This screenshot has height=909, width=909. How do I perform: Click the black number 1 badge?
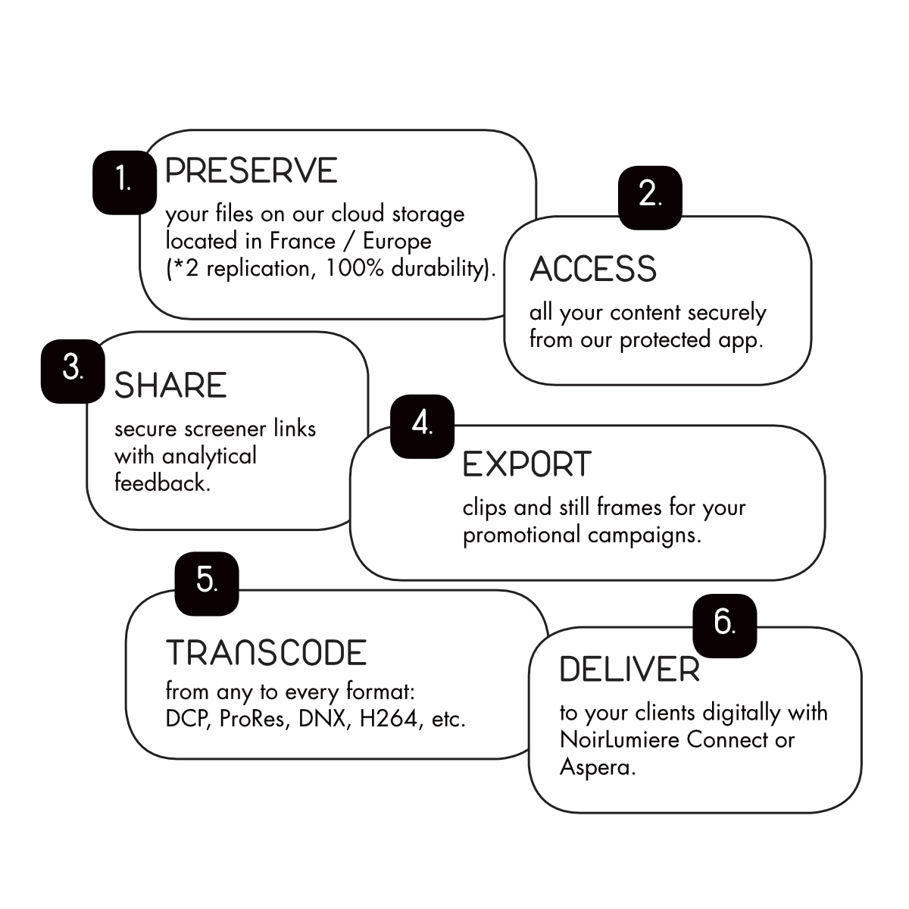pos(124,183)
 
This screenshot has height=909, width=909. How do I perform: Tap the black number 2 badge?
pos(650,198)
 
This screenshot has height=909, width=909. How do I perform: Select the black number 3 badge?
pos(73,371)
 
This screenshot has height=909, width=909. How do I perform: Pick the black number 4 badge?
pos(422,426)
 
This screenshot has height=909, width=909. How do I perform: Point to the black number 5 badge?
pos(207,583)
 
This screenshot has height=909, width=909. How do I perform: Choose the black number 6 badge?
pos(725,626)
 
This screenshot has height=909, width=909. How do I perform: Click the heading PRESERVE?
pos(251,170)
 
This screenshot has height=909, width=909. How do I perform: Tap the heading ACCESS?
pos(593,269)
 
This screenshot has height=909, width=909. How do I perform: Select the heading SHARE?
pos(170,385)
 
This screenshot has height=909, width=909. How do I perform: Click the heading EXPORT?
pos(527,464)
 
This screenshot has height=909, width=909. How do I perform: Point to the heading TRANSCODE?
pos(266,652)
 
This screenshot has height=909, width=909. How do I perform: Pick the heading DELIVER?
pos(629,669)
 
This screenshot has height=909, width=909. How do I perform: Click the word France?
pos(302,242)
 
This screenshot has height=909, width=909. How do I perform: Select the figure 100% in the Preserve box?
pos(355,268)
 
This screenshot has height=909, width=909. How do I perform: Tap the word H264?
pos(389,719)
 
